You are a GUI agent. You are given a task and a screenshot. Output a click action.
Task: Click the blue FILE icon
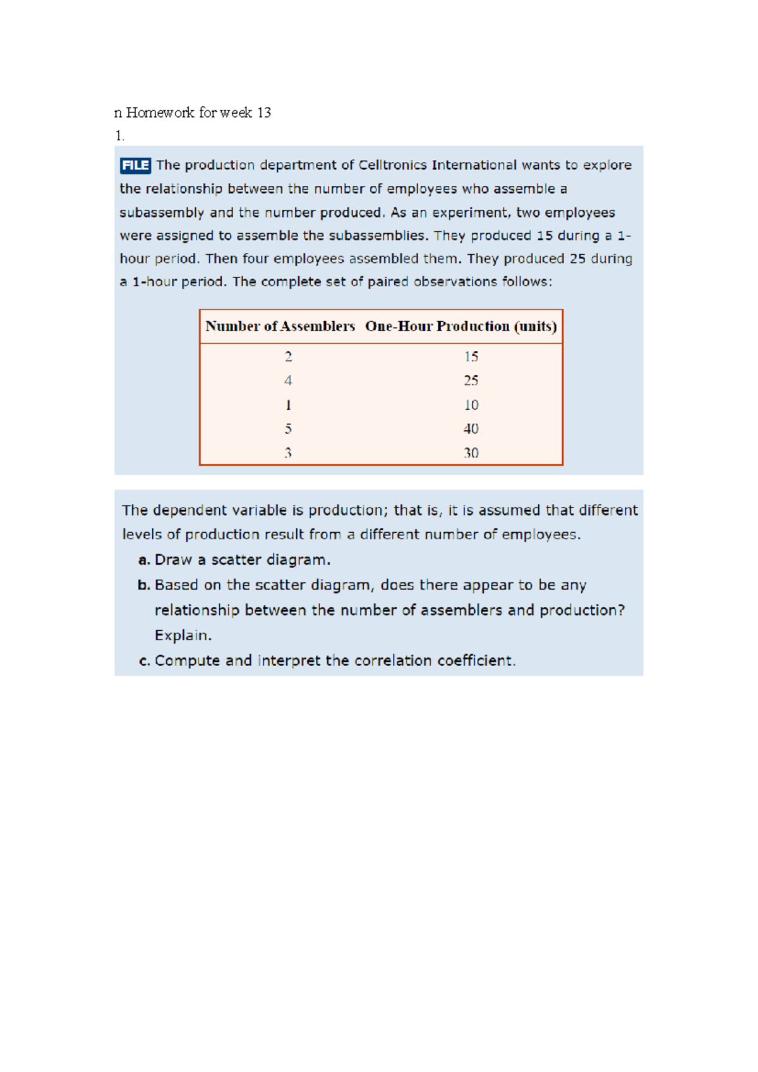tap(135, 166)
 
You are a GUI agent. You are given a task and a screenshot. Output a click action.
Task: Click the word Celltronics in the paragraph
tap(392, 166)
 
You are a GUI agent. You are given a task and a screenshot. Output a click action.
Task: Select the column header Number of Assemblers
tap(280, 327)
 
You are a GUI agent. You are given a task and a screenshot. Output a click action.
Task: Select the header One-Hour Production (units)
tap(460, 327)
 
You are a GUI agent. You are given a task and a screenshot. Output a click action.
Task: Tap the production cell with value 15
tap(471, 357)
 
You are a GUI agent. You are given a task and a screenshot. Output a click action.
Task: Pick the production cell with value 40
tap(471, 429)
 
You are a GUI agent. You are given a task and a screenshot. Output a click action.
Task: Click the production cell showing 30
tap(471, 453)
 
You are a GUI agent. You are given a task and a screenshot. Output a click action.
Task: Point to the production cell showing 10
tap(471, 405)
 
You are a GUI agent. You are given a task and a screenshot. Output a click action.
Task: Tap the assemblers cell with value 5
tap(288, 429)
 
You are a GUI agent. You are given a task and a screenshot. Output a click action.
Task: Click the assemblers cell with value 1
tap(288, 405)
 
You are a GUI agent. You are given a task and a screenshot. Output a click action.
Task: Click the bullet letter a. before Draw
tap(145, 561)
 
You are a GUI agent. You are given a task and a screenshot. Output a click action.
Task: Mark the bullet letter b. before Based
tap(145, 586)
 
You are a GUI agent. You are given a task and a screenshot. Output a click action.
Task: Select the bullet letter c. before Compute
tap(145, 661)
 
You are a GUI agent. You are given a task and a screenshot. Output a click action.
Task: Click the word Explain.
tap(183, 636)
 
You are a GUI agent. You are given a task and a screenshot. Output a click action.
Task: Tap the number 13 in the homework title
tap(264, 113)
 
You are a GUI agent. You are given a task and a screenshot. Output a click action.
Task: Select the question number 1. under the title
tap(119, 136)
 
